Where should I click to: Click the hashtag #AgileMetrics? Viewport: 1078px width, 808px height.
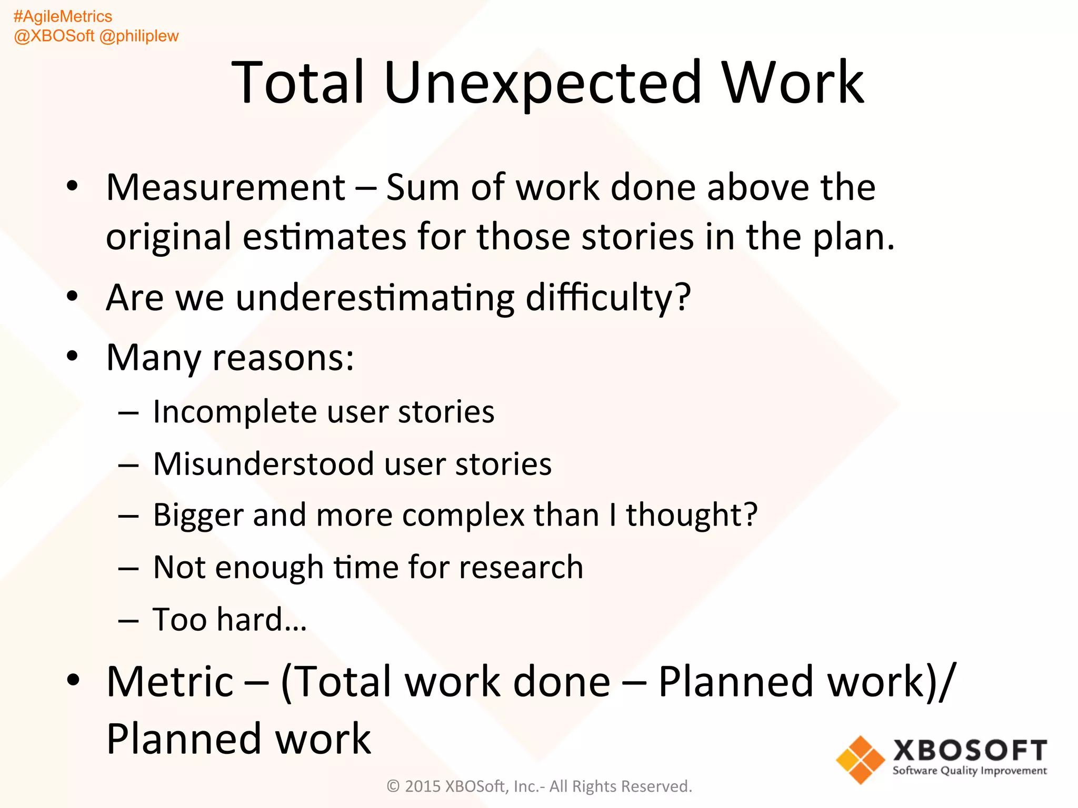click(x=63, y=17)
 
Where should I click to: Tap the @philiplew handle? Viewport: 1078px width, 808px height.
click(x=139, y=36)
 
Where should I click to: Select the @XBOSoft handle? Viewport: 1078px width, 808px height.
click(x=54, y=36)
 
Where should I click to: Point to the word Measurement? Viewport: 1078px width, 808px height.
click(x=226, y=187)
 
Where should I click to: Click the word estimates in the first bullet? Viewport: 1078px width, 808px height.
click(x=324, y=237)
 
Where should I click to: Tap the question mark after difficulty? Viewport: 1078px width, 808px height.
click(x=683, y=297)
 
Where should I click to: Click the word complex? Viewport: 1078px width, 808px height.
click(x=463, y=514)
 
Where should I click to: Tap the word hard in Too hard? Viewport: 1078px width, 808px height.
click(x=250, y=619)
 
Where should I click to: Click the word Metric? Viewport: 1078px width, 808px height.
click(x=169, y=682)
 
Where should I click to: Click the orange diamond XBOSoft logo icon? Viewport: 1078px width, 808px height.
click(x=860, y=759)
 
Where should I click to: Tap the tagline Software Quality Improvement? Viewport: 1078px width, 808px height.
click(x=970, y=771)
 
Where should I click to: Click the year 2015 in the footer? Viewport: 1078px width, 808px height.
click(x=423, y=786)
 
